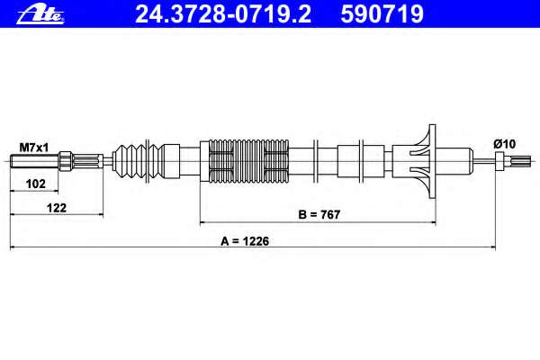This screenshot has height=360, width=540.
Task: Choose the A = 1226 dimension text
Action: (x=246, y=240)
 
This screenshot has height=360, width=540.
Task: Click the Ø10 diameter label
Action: (x=503, y=144)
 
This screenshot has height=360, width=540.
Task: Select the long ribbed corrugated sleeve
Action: (x=249, y=163)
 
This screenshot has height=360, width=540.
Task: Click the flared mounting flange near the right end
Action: (x=423, y=163)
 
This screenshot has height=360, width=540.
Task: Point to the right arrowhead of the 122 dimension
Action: (x=99, y=215)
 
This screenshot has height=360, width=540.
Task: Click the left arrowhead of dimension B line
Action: (x=202, y=220)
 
